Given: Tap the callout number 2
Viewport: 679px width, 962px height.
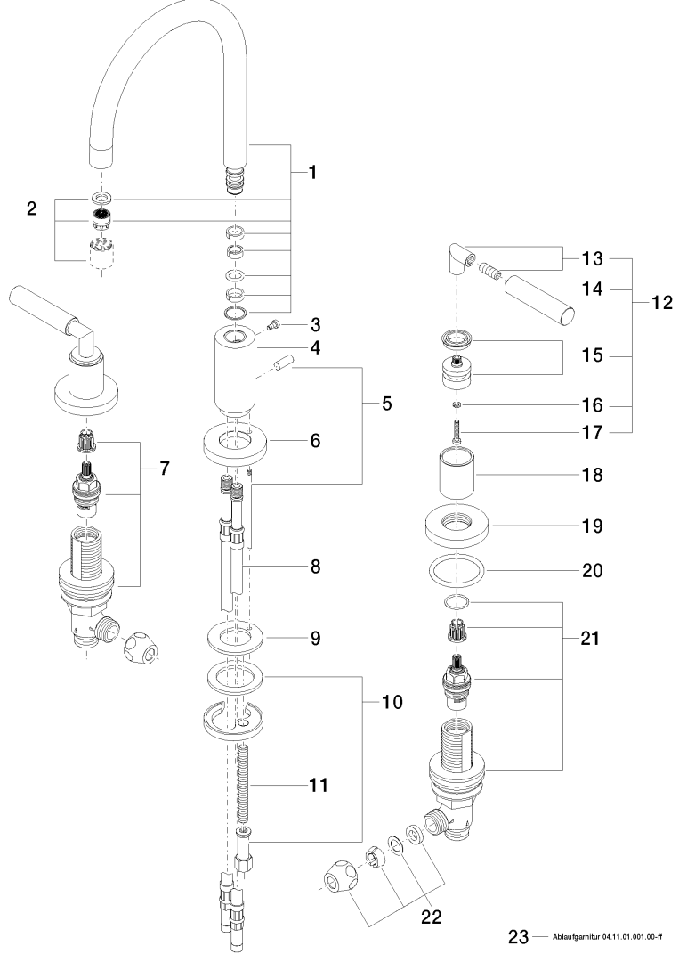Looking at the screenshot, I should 33,209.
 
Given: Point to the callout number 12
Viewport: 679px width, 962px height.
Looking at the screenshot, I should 662,302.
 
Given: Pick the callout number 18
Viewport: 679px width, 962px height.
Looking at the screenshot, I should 593,476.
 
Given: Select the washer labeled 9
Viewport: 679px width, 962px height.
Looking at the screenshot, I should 240,640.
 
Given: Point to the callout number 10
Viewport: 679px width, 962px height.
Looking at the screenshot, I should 392,702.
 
